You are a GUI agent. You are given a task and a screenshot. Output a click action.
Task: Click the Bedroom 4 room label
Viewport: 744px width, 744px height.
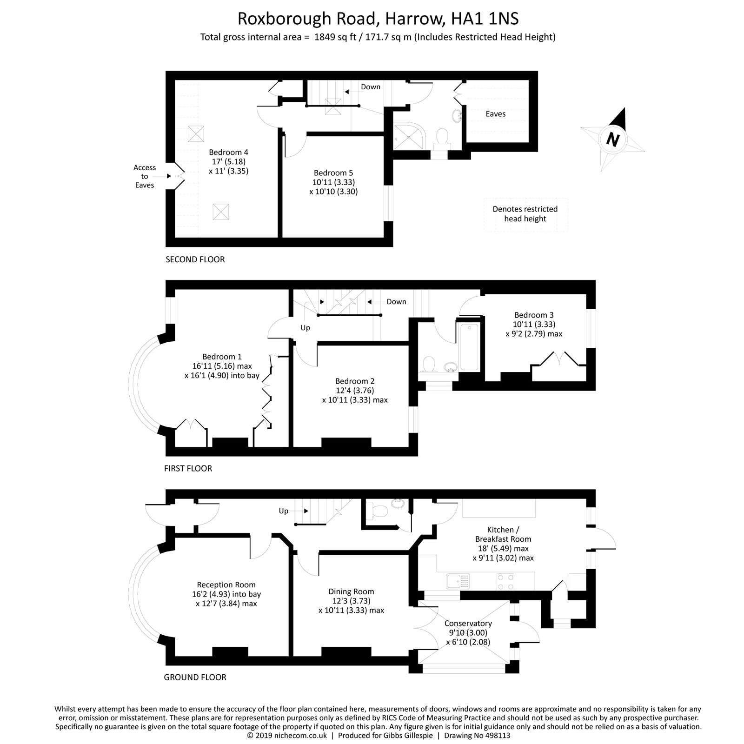[228, 152]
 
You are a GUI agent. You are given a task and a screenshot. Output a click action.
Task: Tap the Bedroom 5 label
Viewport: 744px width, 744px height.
[333, 173]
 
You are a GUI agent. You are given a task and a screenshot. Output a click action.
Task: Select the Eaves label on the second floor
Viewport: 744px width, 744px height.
[495, 114]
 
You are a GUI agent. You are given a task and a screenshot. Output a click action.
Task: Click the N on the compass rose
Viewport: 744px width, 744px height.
[614, 139]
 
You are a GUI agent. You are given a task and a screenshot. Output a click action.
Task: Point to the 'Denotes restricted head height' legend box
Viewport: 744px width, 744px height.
[525, 214]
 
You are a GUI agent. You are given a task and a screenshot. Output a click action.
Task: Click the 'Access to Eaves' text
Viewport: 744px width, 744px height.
[145, 176]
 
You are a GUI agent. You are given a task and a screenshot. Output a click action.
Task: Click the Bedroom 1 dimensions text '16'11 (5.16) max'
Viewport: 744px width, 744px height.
[222, 366]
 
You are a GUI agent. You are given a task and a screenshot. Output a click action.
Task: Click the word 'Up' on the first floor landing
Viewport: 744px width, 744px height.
[305, 328]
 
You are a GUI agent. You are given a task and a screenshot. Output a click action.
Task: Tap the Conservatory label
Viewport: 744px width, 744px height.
[468, 623]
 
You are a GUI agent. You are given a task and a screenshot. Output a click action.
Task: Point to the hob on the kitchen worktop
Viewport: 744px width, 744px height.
[506, 580]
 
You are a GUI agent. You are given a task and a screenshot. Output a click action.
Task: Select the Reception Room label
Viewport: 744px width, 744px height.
[226, 585]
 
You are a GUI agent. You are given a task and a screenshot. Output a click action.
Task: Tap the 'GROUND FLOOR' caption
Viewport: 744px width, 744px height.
[195, 678]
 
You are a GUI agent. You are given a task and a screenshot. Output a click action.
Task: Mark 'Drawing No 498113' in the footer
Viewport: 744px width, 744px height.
[477, 736]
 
